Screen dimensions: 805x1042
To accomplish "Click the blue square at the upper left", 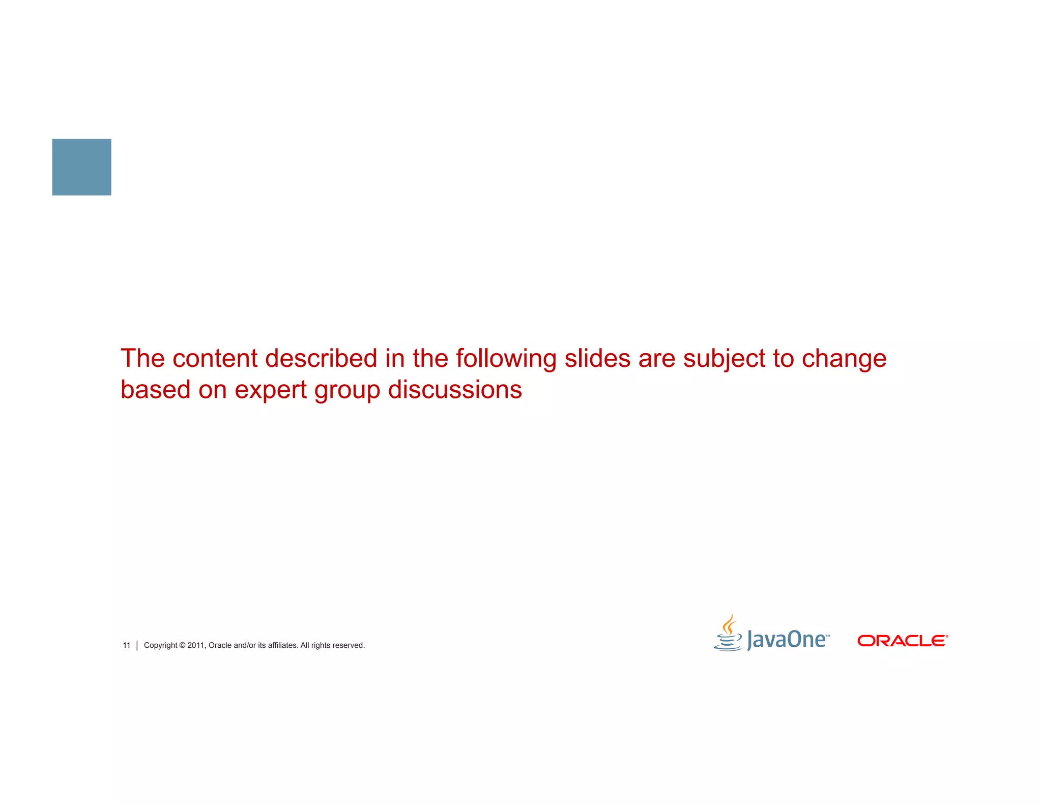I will coord(81,167).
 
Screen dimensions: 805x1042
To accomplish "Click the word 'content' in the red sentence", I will coord(215,358).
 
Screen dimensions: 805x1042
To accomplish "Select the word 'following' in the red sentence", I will coord(506,359).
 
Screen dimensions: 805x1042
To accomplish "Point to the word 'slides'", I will coord(597,358).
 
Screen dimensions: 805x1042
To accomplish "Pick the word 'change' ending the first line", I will coord(844,359).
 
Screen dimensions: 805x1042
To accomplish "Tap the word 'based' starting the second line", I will coord(155,390).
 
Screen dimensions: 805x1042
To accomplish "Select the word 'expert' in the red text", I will coord(271,391).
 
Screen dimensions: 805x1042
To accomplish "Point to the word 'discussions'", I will coord(455,390).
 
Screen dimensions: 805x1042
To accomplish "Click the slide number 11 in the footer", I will coord(126,645).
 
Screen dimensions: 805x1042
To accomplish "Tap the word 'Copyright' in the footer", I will coord(160,645).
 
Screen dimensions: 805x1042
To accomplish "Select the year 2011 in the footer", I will coord(196,645).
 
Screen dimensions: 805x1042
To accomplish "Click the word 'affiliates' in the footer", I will coord(282,645).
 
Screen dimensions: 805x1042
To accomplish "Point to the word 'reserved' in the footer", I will coord(348,645).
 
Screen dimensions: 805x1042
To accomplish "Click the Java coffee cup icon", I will coord(728,634).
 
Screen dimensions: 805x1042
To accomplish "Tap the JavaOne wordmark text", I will coord(787,640).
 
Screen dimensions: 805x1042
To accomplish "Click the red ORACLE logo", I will coord(902,641).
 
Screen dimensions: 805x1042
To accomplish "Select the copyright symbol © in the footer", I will coord(183,645).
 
